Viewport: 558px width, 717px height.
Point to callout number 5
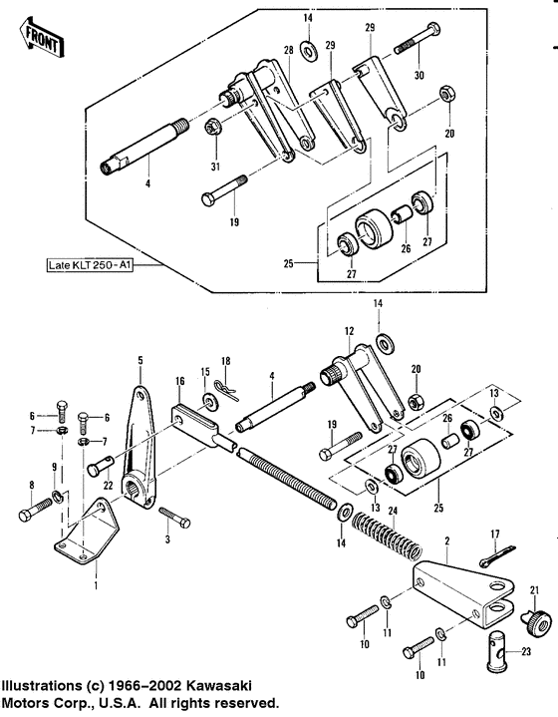tap(140, 359)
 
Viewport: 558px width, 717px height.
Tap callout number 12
tap(349, 330)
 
